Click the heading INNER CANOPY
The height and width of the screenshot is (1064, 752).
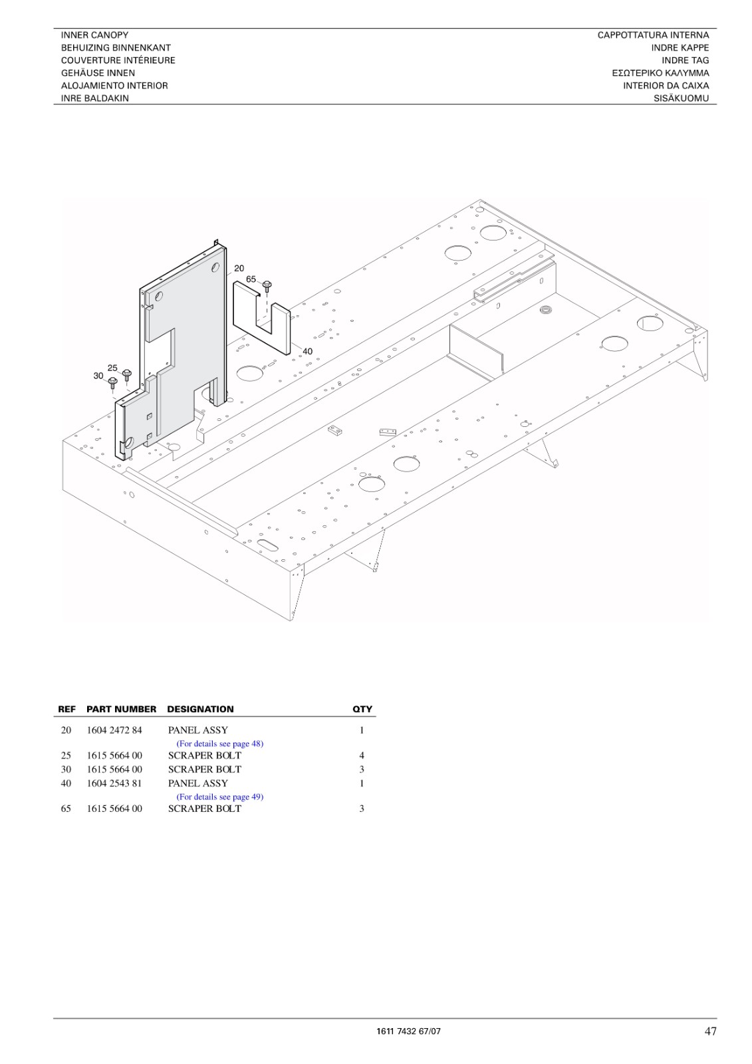tap(94, 35)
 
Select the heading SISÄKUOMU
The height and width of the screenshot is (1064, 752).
tap(681, 99)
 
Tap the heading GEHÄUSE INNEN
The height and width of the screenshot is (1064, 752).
tap(98, 73)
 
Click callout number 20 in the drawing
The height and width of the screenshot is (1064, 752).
tap(239, 269)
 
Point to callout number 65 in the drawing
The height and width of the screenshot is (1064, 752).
tap(251, 279)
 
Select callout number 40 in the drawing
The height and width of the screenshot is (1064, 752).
tap(307, 352)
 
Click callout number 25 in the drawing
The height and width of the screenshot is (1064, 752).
tap(112, 368)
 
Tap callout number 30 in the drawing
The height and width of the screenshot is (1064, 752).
tap(98, 376)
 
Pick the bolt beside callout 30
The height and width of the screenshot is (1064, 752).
tap(112, 382)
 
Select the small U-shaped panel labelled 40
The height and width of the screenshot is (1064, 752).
tap(262, 317)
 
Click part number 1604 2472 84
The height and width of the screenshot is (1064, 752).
tap(114, 730)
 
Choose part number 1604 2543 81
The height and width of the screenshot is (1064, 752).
tap(114, 783)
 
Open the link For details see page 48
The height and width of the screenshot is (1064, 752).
tap(220, 744)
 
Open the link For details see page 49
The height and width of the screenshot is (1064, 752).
tap(220, 797)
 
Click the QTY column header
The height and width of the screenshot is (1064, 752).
tap(362, 709)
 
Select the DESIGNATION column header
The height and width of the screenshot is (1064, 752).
tap(201, 709)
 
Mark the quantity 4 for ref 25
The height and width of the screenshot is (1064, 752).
tap(362, 755)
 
